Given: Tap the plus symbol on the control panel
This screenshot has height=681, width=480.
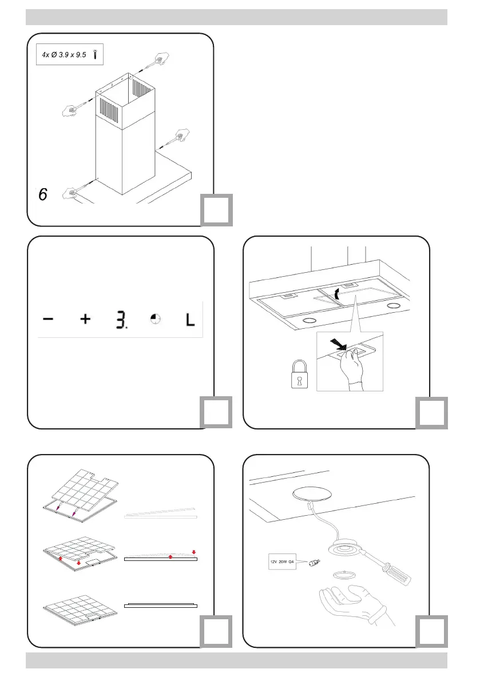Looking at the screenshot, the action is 85,319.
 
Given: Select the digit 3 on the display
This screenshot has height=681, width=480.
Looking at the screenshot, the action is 119,320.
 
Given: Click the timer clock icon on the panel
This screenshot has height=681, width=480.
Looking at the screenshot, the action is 155,320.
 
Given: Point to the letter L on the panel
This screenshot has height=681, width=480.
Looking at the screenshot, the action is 189,319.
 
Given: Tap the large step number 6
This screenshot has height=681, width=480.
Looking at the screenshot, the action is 43,195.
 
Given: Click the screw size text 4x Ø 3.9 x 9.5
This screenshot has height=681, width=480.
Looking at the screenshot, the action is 65,56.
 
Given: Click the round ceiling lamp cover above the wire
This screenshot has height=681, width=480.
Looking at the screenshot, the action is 312,492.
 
